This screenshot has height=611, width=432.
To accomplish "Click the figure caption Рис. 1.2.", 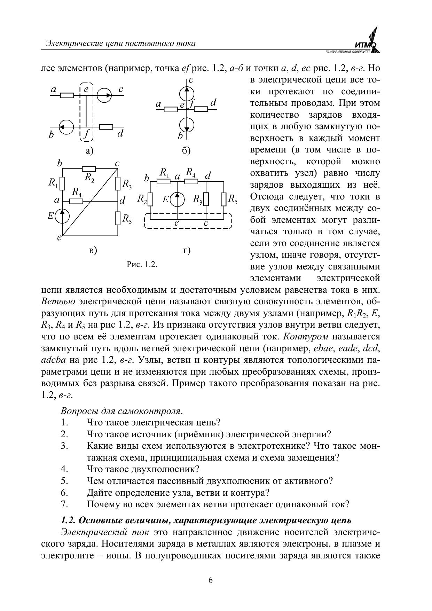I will coord(142,264).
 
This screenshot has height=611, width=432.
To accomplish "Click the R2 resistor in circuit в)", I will coord(88,169).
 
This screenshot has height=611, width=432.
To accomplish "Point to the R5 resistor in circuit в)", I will coord(118,218).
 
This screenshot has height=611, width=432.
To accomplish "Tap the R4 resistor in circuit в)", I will coord(76,201).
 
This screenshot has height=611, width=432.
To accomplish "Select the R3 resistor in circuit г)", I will coord(206,199).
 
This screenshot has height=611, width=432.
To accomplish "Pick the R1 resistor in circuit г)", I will coord(163,181).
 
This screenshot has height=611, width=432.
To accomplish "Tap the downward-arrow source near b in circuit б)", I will coord(187,124).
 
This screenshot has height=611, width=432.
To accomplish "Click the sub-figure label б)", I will coord(186,151).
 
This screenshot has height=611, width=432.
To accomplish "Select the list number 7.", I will coord(64,504).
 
